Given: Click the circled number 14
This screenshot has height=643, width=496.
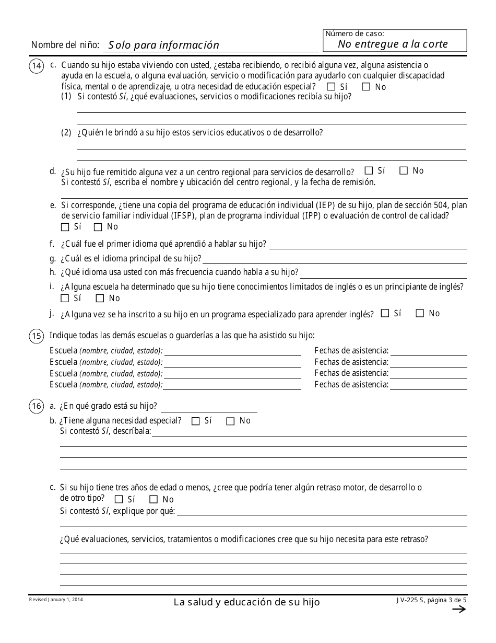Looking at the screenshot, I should pyautogui.click(x=37, y=66).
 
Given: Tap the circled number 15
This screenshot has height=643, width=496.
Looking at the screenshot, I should pyautogui.click(x=37, y=337).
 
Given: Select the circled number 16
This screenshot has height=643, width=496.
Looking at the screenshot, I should pyautogui.click(x=37, y=407).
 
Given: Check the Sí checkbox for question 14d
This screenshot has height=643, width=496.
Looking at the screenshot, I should pyautogui.click(x=369, y=170).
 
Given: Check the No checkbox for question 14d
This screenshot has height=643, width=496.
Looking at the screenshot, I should pyautogui.click(x=404, y=170).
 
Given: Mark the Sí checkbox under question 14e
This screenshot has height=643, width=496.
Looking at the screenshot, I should pyautogui.click(x=65, y=227).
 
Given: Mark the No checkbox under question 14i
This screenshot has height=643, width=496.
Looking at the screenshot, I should pyautogui.click(x=100, y=298).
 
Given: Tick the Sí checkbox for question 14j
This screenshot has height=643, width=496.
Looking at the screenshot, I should pyautogui.click(x=385, y=314).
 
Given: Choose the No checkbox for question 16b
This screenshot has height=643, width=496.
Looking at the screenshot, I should pyautogui.click(x=230, y=421).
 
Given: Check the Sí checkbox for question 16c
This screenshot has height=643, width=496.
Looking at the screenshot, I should pyautogui.click(x=119, y=499).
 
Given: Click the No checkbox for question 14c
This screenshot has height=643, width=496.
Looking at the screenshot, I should pyautogui.click(x=366, y=87).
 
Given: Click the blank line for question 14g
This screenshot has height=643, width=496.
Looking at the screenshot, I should pyautogui.click(x=334, y=258).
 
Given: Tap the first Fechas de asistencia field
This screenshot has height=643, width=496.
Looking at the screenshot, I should pyautogui.click(x=429, y=351).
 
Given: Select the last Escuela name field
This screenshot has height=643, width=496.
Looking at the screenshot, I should pyautogui.click(x=233, y=385).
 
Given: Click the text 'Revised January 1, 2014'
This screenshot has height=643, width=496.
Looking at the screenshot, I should pyautogui.click(x=56, y=600).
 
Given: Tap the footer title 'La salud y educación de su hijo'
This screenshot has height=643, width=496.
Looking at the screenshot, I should pyautogui.click(x=247, y=602).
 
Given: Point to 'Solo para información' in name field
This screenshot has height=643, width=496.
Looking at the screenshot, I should pyautogui.click(x=164, y=45).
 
